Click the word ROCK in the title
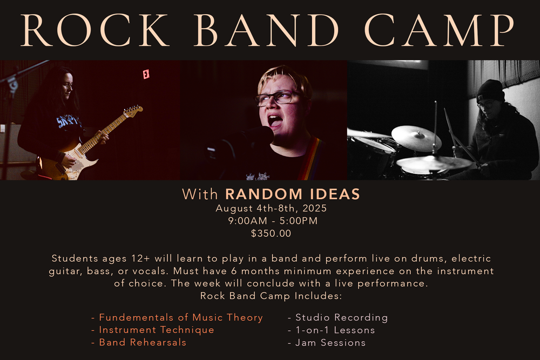pos(95,30)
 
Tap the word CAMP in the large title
pos(439,30)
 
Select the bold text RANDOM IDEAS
pos(292,194)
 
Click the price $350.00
pos(271,233)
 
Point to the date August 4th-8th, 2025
pos(271,208)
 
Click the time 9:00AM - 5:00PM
pos(273,221)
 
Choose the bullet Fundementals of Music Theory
pos(177,317)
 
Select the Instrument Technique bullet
pos(153,330)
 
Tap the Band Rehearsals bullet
pos(138,342)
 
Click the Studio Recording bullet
pos(338,317)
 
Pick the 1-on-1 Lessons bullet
pos(332,330)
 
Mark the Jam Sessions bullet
pos(327,343)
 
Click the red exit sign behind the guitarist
pos(146,74)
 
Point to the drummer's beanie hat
pos(490,91)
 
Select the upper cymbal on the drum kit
pos(416,138)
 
